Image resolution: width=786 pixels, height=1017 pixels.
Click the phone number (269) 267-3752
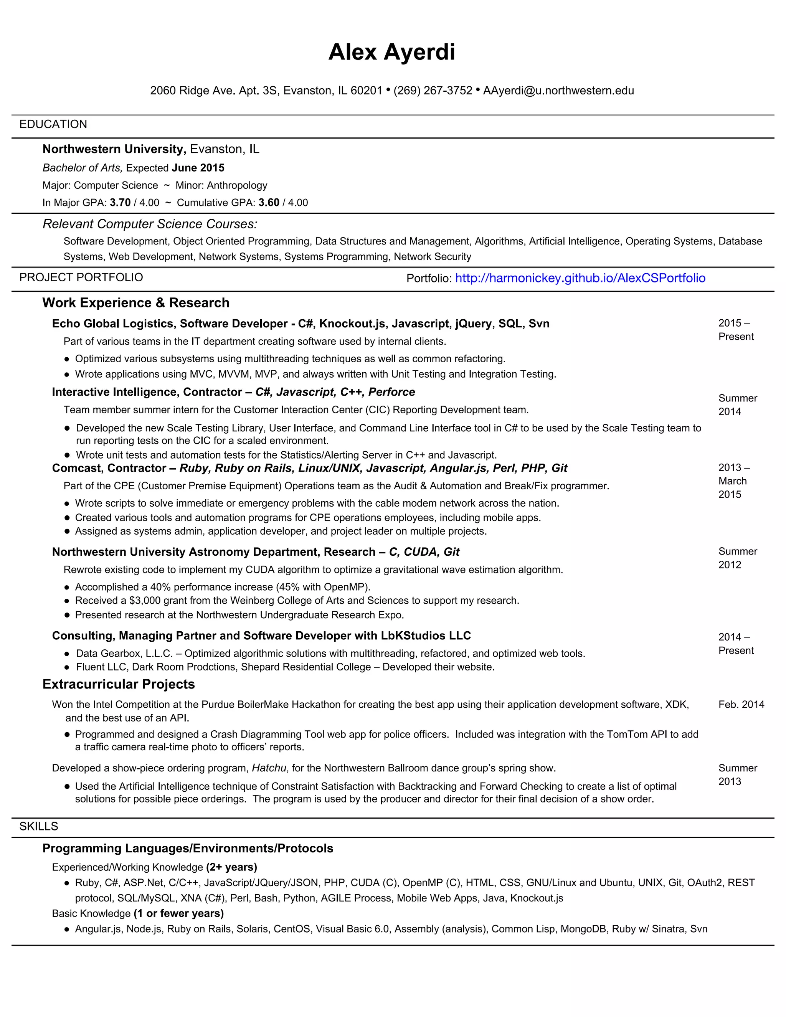tap(433, 90)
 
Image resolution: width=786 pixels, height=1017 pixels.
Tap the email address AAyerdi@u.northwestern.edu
tap(558, 90)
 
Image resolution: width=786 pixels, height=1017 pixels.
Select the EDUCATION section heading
tap(53, 124)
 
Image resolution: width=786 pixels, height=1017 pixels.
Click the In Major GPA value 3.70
tap(120, 203)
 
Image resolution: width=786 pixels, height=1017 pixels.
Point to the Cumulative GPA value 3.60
tap(269, 203)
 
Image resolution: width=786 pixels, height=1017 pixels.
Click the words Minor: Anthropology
tap(221, 185)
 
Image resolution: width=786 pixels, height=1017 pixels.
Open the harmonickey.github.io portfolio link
tap(580, 278)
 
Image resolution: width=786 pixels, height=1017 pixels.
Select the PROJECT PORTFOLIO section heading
tap(81, 277)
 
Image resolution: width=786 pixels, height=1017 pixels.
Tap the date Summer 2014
tap(737, 404)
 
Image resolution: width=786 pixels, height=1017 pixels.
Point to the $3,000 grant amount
tap(146, 601)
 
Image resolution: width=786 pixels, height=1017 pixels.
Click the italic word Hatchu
tap(269, 768)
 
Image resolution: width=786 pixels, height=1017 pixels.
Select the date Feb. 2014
tap(741, 705)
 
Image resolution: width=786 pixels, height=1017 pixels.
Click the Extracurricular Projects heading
tap(118, 684)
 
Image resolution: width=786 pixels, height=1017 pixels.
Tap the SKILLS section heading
tap(39, 827)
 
